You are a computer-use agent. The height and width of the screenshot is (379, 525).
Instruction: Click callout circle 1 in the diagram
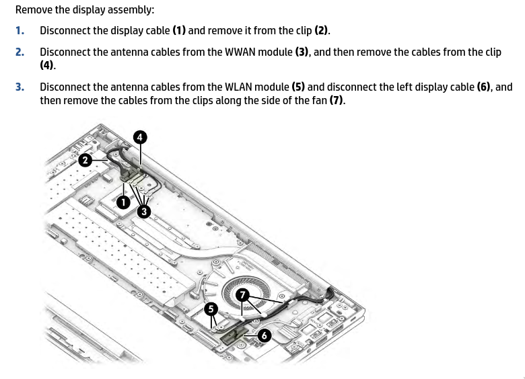[x=123, y=202]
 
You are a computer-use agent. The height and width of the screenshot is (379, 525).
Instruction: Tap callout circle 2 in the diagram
[x=85, y=160]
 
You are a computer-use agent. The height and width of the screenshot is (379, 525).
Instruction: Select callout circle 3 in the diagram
[x=144, y=212]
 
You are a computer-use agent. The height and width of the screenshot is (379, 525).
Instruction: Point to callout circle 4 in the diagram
[x=140, y=137]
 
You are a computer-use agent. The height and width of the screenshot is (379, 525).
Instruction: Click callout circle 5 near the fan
[x=211, y=309]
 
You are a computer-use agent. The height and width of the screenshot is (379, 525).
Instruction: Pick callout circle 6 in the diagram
[x=264, y=335]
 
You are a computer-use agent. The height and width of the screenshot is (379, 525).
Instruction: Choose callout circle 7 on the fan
[x=242, y=294]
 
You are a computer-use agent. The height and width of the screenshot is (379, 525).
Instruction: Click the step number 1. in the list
[x=20, y=30]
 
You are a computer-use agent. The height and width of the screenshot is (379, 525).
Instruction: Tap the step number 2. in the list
[x=20, y=52]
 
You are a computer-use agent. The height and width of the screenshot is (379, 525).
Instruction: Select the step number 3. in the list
[x=20, y=87]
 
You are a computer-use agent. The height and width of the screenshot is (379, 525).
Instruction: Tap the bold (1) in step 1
[x=179, y=30]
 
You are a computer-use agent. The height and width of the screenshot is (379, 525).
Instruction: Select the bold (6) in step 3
[x=483, y=87]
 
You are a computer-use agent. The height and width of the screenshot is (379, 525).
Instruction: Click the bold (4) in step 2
[x=46, y=65]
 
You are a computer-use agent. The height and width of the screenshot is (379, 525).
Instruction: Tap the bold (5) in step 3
[x=298, y=87]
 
